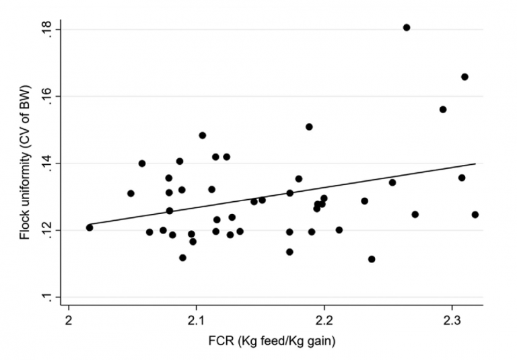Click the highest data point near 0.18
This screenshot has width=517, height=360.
(407, 28)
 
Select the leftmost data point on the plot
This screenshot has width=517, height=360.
(90, 227)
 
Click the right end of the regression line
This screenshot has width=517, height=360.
(476, 164)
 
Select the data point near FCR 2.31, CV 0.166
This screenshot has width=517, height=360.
(464, 77)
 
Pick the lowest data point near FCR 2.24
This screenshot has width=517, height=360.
(372, 259)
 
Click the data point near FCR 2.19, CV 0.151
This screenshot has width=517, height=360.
(309, 127)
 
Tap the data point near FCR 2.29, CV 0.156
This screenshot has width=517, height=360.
(443, 110)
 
